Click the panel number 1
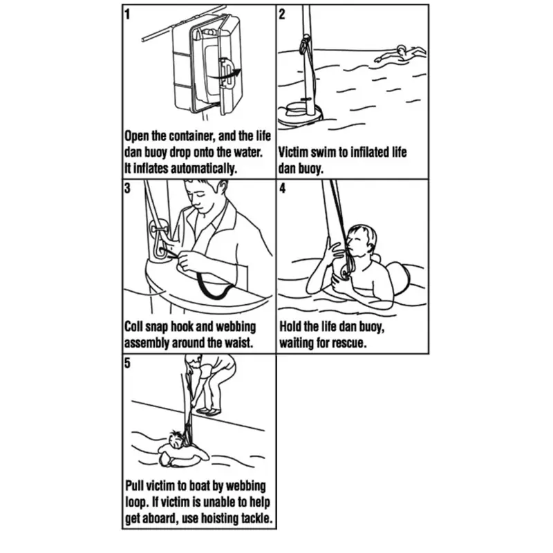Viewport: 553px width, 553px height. (127, 15)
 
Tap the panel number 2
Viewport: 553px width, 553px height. (282, 15)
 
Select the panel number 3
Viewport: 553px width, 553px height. (127, 188)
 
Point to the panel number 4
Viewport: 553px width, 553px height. (282, 188)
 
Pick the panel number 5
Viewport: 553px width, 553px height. (127, 362)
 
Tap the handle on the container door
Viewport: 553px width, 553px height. (226, 73)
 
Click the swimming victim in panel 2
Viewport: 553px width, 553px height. (400, 55)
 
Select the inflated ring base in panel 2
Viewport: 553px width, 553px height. (300, 115)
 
